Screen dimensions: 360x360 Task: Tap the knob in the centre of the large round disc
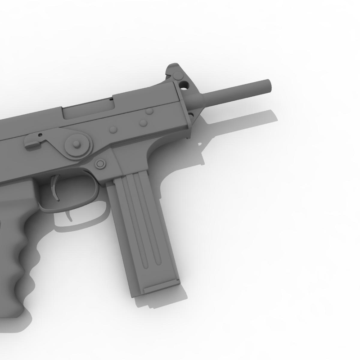click(x=77, y=144)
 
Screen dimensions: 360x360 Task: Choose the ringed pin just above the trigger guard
click(x=101, y=164)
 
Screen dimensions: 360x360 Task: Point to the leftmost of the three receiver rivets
click(x=113, y=130)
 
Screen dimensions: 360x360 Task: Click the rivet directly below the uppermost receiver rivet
click(x=143, y=123)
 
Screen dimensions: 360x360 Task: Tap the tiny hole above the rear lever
click(x=40, y=134)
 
